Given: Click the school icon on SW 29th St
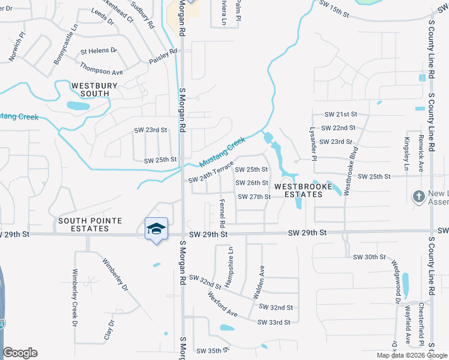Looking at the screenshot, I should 156,229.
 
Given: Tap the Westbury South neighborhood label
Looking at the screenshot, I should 95,90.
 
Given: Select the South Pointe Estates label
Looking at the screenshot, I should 90,225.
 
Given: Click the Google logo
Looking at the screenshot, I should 20,353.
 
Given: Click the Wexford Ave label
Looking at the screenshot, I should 223,304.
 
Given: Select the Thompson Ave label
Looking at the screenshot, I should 101,72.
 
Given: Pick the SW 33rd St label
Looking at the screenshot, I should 274,322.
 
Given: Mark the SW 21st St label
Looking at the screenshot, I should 340,114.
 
